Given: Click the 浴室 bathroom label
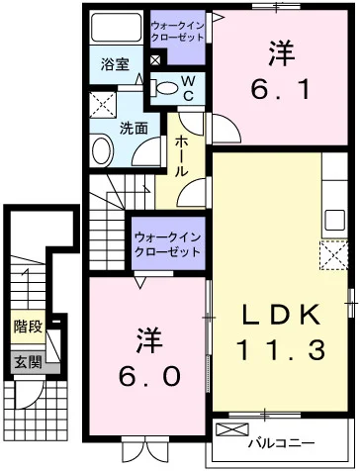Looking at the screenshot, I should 115,64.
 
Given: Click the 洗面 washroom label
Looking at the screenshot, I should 135,128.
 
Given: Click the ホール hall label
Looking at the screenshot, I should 185,156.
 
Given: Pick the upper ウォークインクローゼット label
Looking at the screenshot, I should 179,31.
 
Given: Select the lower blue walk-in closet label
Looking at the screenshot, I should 166,245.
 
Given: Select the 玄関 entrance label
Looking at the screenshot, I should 28,363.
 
